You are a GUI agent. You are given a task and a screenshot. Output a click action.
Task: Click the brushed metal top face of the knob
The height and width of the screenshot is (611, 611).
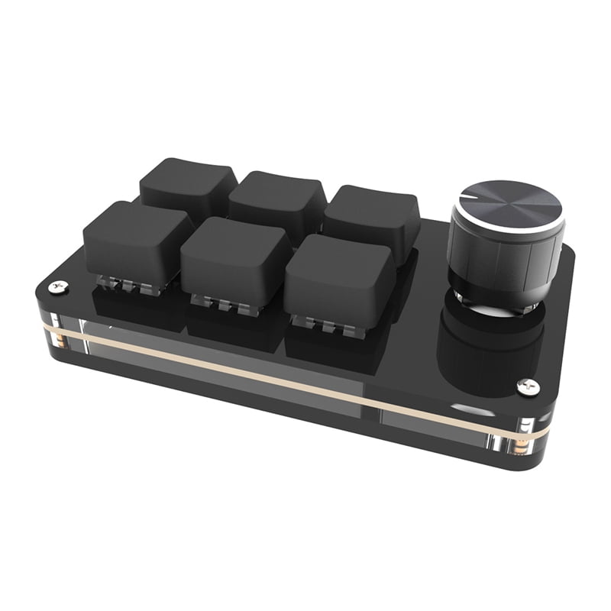click(x=506, y=202)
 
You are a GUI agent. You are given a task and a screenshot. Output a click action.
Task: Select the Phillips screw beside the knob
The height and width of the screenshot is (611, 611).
click(x=529, y=388)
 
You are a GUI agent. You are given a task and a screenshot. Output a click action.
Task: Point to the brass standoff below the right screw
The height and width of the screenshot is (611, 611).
click(x=527, y=443)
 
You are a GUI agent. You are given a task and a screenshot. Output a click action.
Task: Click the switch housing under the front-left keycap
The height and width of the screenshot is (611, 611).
click(x=121, y=283)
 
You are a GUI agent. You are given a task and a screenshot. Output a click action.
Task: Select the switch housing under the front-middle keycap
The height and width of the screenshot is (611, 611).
click(x=221, y=304)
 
